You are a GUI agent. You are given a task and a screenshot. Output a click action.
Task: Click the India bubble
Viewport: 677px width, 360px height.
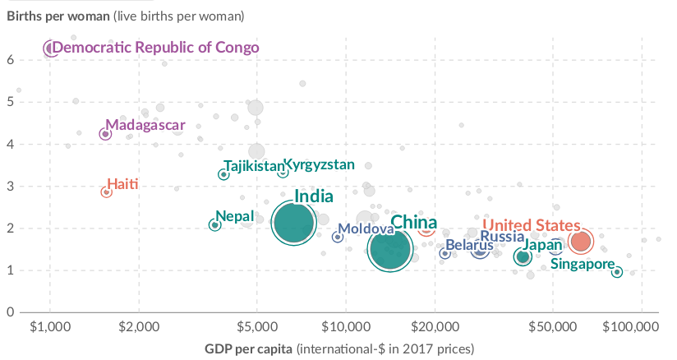(x=294, y=224)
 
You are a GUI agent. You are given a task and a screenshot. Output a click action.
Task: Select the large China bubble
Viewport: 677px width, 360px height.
(x=391, y=249)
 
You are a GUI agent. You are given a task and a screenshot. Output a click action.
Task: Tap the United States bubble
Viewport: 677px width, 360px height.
(x=581, y=241)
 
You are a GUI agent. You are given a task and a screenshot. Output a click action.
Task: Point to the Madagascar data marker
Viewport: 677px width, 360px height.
(x=105, y=134)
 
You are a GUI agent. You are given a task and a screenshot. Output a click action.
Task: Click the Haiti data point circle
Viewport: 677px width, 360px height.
(x=106, y=192)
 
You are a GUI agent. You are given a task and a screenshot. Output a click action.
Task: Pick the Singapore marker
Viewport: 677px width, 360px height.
(x=617, y=272)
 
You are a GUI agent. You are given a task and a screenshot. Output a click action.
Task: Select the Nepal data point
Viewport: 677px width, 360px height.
(x=214, y=224)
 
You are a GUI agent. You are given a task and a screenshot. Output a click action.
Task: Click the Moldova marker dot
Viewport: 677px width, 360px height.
(x=337, y=237)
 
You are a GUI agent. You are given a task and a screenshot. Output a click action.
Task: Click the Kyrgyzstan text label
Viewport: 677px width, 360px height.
(x=319, y=164)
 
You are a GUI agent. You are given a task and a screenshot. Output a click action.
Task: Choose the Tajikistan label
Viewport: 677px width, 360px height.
(x=252, y=166)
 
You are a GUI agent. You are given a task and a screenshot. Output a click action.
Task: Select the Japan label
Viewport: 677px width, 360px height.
(x=543, y=245)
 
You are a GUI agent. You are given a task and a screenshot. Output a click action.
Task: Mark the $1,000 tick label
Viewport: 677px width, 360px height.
(x=50, y=325)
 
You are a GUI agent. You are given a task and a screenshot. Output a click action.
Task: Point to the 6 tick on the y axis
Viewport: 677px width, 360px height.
(x=12, y=60)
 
